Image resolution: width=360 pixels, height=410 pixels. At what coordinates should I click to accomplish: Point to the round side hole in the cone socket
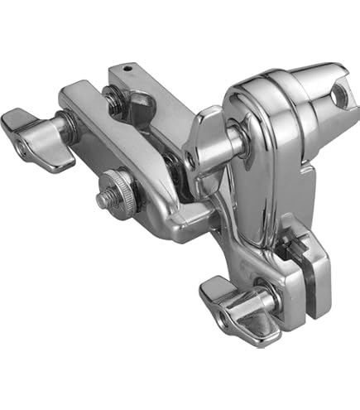tap(336, 98)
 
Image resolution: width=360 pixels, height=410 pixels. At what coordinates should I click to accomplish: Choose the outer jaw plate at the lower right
tap(319, 273)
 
